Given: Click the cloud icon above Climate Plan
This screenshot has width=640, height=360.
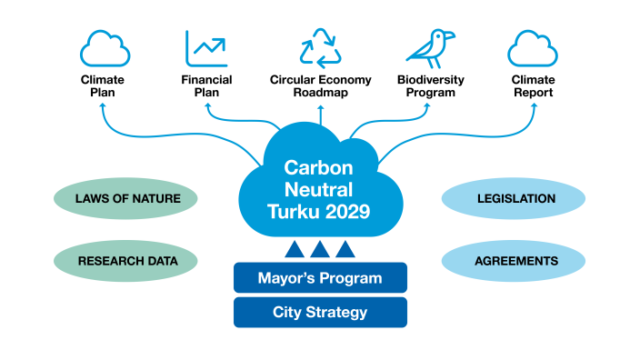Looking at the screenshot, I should tap(102, 48).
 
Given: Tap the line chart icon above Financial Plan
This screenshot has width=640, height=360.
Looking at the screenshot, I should tap(206, 48).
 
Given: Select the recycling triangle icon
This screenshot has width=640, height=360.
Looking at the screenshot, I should tap(320, 47).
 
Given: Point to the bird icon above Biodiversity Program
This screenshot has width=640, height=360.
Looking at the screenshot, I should tap(429, 47).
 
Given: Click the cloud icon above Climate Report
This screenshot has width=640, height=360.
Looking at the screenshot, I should tap(532, 48).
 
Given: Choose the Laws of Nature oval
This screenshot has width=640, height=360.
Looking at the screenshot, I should tap(125, 198).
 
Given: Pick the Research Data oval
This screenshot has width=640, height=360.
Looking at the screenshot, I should tap(125, 261).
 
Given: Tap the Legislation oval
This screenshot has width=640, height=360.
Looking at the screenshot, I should tap(515, 198).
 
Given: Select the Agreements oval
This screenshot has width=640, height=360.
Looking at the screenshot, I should tap(515, 261).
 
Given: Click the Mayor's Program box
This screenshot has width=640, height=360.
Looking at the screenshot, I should tap(320, 277).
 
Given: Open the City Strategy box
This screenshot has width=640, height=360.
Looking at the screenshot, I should tap(320, 313).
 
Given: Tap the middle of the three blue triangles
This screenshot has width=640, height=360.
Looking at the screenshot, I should tap(320, 248).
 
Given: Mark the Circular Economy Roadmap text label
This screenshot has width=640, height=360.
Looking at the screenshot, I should tap(320, 85).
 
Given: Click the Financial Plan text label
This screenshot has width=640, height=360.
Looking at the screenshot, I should tap(206, 85).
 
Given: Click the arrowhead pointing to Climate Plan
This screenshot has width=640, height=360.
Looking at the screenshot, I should tap(102, 110).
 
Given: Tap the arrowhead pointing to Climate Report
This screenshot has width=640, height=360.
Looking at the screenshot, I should tap(532, 110).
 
